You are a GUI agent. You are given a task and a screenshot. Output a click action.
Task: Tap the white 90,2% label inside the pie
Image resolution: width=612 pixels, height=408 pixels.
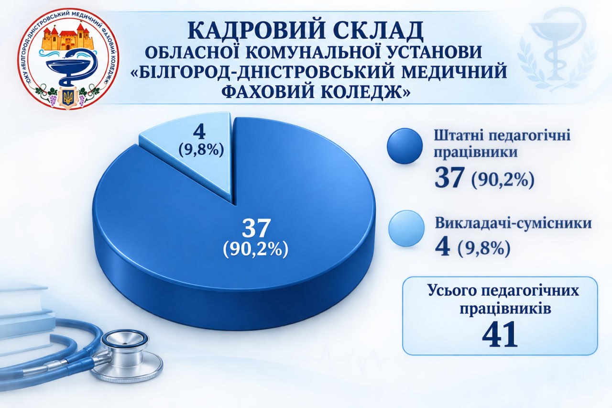(x=255, y=249)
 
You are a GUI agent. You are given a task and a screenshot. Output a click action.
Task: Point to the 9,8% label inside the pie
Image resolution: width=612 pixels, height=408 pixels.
(x=201, y=150)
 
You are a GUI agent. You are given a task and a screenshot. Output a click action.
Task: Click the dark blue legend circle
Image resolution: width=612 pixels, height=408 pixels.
(x=405, y=146)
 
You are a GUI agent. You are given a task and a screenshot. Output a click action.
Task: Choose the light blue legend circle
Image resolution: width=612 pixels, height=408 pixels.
(x=406, y=228)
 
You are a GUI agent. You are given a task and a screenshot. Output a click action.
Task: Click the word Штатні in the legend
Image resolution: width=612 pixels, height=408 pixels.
(x=464, y=136)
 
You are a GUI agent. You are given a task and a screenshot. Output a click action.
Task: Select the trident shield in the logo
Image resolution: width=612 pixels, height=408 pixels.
(x=66, y=99)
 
